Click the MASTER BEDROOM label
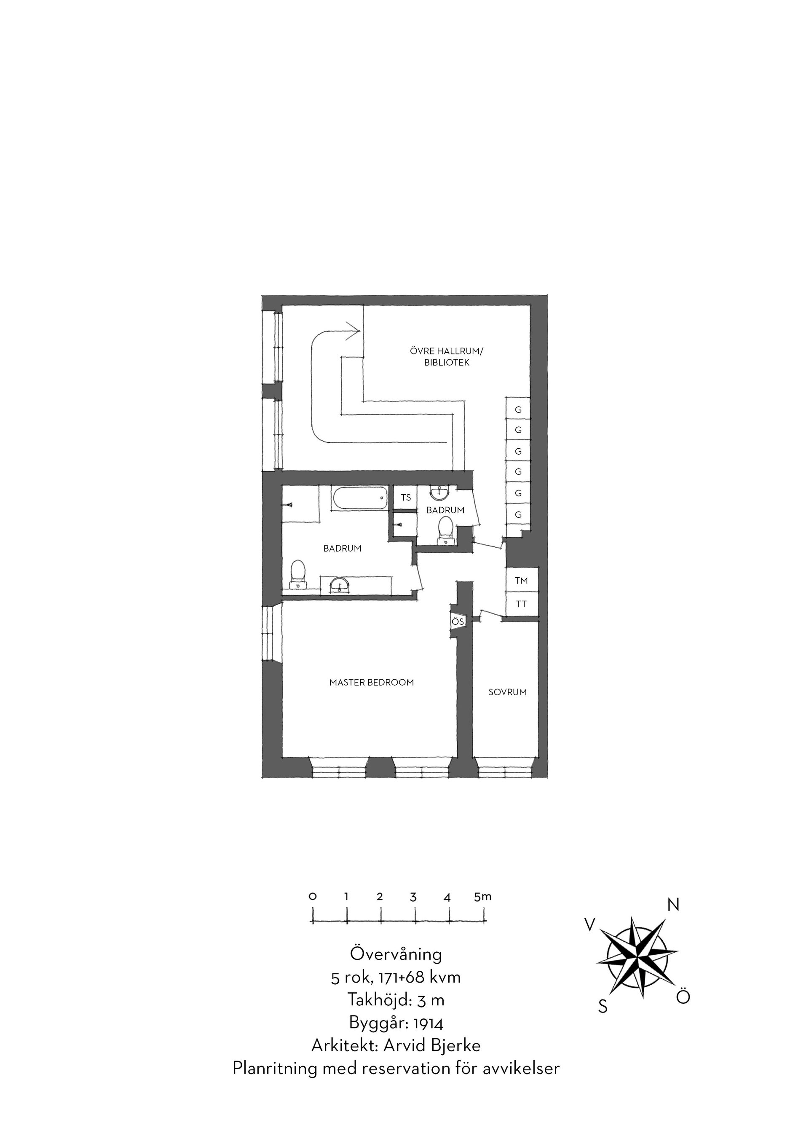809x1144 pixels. (x=372, y=683)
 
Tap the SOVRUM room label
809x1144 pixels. (x=508, y=692)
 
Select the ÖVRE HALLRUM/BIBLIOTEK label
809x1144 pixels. (x=447, y=357)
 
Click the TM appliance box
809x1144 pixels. (x=522, y=581)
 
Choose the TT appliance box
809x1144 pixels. (x=522, y=604)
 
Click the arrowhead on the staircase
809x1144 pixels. (x=353, y=330)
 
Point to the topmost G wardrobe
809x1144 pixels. (x=518, y=410)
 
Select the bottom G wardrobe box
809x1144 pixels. (x=518, y=515)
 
